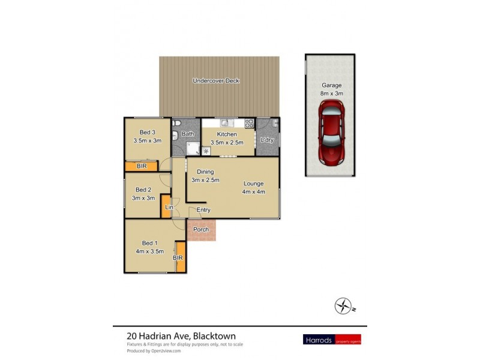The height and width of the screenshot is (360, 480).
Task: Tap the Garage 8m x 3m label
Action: pos(331,89)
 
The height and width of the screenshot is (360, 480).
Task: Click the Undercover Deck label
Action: pos(216,80)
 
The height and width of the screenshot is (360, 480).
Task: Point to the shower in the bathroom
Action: pos(193,149)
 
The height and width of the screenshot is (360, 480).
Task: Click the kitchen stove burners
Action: pos(250,124)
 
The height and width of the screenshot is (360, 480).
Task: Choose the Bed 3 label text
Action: pos(148,136)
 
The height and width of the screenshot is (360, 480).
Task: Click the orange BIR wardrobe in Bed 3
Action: pos(141,166)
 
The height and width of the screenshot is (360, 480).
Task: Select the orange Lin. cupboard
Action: pos(167,208)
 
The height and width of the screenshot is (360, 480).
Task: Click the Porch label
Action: pos(202,229)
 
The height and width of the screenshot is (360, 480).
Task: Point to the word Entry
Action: pos(203,210)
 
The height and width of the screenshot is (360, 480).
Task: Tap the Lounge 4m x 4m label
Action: pos(254,187)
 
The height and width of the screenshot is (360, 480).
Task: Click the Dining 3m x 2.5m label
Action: pos(205,176)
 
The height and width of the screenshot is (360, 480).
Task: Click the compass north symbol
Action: pos(344,306)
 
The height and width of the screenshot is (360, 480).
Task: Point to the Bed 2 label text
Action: pos(143,193)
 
